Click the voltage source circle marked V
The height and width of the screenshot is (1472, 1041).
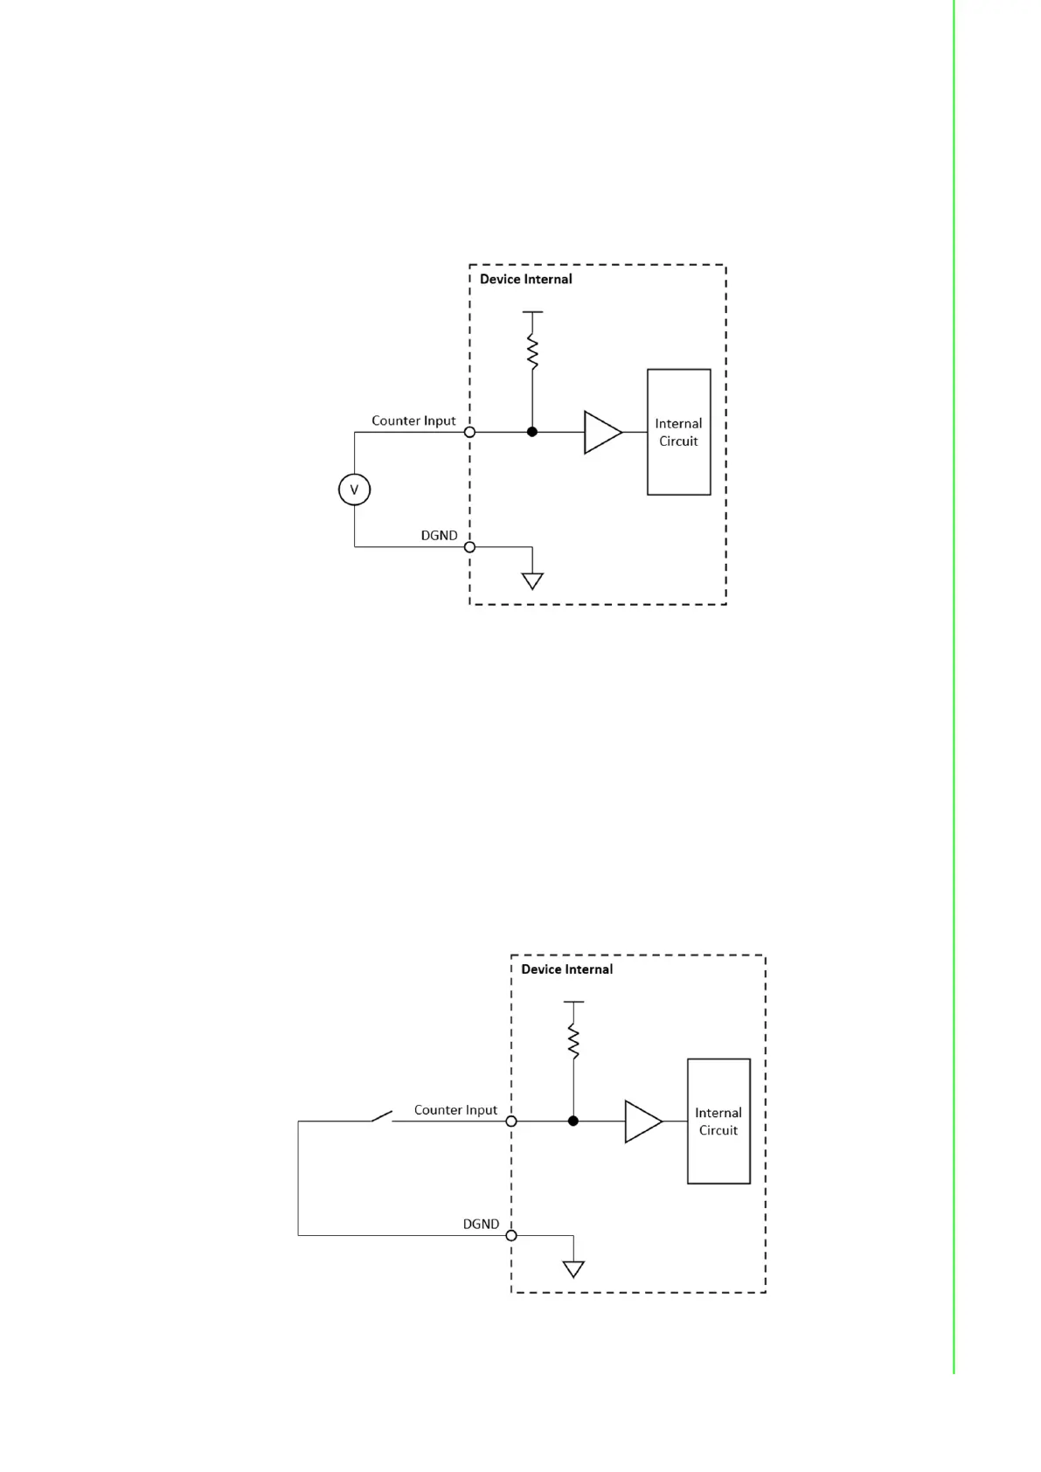354,490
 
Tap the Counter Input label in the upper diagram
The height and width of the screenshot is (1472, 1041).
413,420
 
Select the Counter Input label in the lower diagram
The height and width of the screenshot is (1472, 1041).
455,1110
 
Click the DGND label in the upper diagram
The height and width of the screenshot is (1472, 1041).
439,535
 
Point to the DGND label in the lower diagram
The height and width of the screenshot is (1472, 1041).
481,1224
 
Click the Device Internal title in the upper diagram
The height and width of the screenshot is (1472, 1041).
525,279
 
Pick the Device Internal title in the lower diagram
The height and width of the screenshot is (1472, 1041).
566,969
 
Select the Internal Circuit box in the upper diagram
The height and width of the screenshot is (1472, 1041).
678,432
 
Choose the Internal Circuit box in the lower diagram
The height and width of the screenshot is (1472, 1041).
718,1121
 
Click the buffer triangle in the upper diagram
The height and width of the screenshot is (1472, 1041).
601,432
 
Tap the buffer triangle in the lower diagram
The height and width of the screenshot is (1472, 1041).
642,1121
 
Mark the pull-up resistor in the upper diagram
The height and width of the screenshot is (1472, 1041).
532,351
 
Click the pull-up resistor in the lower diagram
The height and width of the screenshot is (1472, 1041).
573,1041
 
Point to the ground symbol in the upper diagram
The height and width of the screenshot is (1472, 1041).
532,580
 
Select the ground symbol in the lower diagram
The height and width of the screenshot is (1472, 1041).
573,1269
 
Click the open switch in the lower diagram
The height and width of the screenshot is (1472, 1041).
382,1116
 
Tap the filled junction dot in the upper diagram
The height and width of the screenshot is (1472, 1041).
532,432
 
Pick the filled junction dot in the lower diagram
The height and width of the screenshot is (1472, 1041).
573,1121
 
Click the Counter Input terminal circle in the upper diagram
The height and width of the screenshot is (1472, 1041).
469,432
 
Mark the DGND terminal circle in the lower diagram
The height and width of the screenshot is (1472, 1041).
511,1235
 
